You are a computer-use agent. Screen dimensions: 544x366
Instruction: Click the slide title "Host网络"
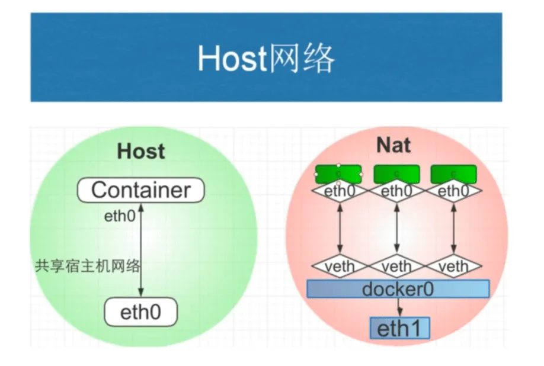click(266, 58)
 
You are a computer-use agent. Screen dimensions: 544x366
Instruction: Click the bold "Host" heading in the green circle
click(141, 151)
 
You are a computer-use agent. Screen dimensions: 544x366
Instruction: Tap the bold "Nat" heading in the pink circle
click(393, 145)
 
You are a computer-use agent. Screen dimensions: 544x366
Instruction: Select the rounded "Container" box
click(141, 190)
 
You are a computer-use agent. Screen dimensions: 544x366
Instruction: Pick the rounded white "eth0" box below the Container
click(141, 312)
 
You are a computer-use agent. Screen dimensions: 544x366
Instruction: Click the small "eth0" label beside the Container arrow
click(120, 216)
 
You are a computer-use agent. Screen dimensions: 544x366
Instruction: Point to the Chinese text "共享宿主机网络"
click(88, 266)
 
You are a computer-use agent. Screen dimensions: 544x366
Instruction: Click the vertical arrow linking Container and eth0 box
click(141, 250)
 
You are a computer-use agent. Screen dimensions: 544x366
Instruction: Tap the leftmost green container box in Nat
click(338, 174)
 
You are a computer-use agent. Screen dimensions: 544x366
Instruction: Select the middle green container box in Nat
click(396, 174)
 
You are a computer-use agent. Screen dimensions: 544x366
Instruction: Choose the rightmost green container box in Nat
click(453, 174)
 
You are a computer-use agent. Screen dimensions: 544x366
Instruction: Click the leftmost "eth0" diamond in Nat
click(340, 191)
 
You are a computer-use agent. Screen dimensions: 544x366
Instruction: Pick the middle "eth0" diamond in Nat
click(396, 191)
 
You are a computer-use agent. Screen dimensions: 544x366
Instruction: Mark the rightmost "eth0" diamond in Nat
click(453, 191)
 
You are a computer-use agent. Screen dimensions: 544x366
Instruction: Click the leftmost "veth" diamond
click(340, 266)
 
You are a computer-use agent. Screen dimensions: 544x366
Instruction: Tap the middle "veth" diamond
click(396, 266)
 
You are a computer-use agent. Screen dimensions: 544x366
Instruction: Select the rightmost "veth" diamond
click(453, 266)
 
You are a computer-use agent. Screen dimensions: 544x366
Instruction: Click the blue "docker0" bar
click(398, 288)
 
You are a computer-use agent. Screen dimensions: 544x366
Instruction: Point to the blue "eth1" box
click(399, 328)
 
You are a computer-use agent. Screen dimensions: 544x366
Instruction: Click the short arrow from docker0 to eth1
click(399, 307)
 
